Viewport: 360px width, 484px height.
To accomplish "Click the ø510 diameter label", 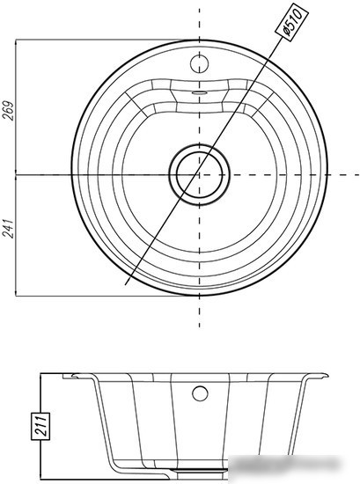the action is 291,21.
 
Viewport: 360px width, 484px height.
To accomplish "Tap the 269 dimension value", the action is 9,111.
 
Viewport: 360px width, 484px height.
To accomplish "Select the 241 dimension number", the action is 9,229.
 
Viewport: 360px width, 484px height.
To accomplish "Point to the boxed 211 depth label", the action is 40,426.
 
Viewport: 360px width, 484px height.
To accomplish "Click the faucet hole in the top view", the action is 199,64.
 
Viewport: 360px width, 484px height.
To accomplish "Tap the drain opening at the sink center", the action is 199,175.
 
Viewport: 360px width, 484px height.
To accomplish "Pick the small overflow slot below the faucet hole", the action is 199,92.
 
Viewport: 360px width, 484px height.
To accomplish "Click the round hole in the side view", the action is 200,393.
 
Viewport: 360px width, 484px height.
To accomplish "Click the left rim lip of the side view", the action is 78,376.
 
